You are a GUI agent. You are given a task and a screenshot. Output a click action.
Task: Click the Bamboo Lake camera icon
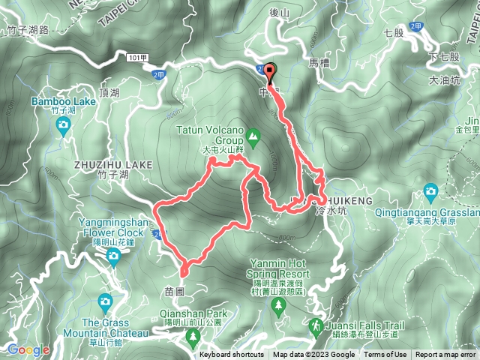[x=63, y=124]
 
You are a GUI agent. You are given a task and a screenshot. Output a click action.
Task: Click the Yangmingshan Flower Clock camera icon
[x=113, y=257]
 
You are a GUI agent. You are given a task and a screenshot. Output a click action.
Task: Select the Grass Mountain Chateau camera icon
[x=105, y=301]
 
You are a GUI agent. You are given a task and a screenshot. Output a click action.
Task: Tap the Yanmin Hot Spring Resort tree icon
[x=278, y=304]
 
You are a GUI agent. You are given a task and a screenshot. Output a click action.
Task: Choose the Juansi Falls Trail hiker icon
[x=316, y=326]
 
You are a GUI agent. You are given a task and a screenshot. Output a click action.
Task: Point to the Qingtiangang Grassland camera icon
[x=430, y=190]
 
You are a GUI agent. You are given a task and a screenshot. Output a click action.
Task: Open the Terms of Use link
[x=384, y=355]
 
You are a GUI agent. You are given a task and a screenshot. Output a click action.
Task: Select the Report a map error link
[x=446, y=355]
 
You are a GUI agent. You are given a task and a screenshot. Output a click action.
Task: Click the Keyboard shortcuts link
[x=232, y=355]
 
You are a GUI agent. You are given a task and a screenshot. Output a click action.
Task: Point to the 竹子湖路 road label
[x=27, y=30]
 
